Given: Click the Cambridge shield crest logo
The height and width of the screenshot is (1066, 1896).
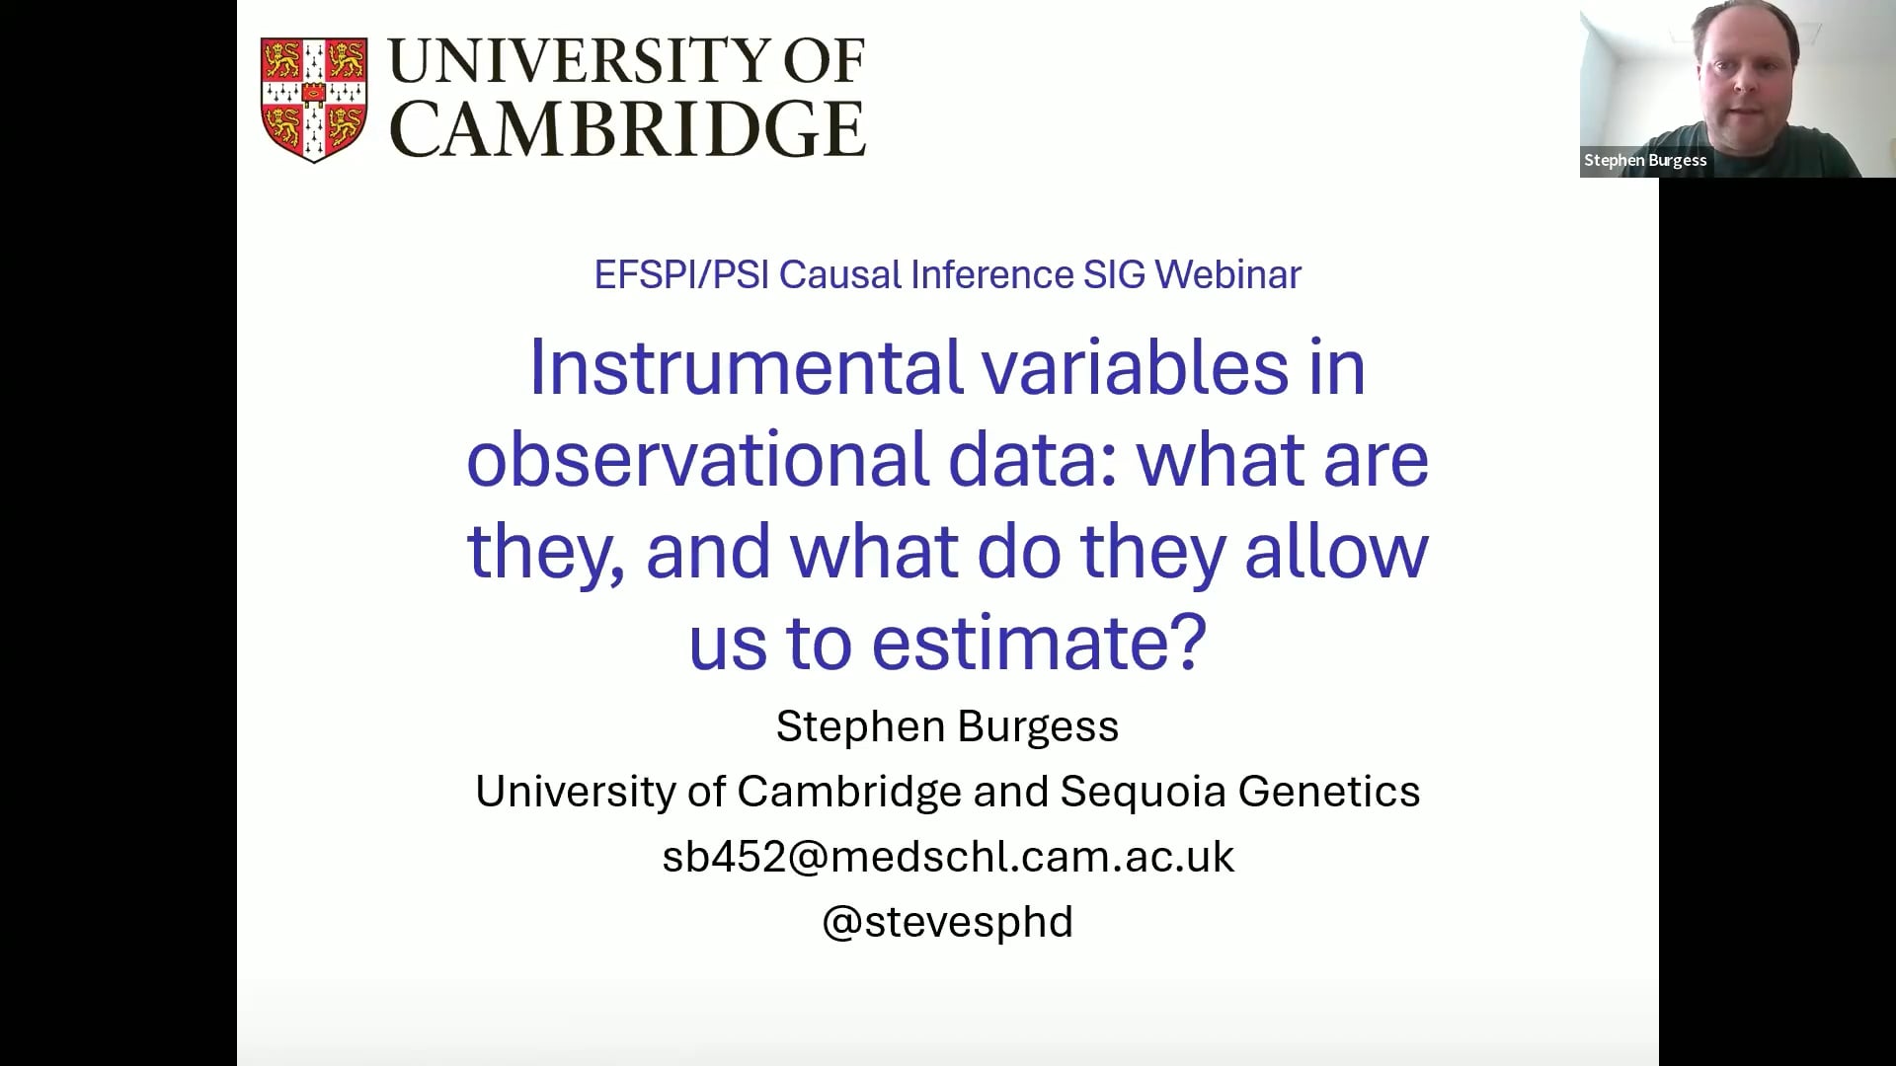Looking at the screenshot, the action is (314, 99).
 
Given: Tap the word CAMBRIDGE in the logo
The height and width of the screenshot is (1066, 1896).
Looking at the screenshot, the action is (628, 128).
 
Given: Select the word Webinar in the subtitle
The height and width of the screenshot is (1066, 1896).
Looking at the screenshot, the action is (1227, 274).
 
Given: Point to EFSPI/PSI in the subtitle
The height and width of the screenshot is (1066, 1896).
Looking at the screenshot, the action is (681, 274).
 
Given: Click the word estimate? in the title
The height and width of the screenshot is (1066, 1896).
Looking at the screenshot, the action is (1040, 644).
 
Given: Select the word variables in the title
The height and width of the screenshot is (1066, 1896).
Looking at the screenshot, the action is (1136, 367).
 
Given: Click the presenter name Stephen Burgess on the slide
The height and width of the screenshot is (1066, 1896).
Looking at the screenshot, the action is (947, 726).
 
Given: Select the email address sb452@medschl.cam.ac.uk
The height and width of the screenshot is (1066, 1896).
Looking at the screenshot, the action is (948, 857).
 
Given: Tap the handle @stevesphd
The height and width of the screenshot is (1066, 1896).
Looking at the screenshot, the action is (948, 922).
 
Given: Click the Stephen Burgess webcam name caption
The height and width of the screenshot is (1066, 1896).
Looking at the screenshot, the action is (1645, 160).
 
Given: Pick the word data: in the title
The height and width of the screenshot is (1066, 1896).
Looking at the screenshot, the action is (1033, 460).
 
